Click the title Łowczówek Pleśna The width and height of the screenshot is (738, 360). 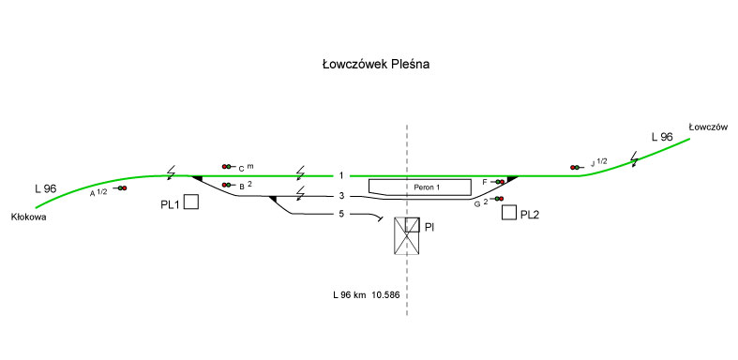376,65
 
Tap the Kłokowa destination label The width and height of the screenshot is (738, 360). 29,217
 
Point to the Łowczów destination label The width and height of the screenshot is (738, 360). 708,127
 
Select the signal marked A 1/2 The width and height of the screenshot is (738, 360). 122,188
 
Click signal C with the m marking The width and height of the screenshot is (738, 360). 227,167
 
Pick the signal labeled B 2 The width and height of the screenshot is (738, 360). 227,185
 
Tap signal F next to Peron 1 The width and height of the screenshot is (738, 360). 500,182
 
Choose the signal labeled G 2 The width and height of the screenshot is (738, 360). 498,199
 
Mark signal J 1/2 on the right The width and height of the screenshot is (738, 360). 576,167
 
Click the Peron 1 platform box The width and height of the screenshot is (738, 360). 419,187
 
